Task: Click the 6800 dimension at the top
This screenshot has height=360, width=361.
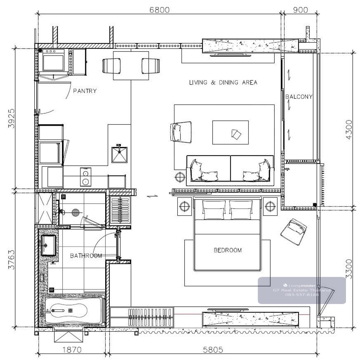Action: click(x=159, y=10)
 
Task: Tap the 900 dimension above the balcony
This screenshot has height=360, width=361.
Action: click(x=300, y=10)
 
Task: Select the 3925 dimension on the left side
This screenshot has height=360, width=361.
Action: click(x=11, y=119)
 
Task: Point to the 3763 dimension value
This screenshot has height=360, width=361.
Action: click(x=11, y=259)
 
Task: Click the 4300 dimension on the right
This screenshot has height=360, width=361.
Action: click(x=349, y=130)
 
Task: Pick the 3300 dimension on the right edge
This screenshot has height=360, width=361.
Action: click(x=349, y=269)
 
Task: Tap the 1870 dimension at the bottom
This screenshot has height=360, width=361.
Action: click(x=72, y=350)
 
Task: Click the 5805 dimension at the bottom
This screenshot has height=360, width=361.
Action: click(x=213, y=350)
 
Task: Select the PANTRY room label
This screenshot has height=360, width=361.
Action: click(x=85, y=91)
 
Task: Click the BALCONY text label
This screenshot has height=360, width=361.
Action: click(x=299, y=97)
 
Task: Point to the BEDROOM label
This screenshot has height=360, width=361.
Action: click(x=228, y=250)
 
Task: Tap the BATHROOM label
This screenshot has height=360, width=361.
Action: click(x=86, y=256)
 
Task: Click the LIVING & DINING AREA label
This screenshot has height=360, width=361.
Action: click(x=223, y=82)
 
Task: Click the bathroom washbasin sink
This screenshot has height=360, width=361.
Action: click(x=48, y=245)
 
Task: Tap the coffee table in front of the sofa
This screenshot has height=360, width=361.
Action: click(x=230, y=132)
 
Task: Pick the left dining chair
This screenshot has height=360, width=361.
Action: click(x=112, y=66)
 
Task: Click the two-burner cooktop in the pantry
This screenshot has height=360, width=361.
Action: click(x=86, y=177)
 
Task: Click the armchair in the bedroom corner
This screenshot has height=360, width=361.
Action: click(x=294, y=232)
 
